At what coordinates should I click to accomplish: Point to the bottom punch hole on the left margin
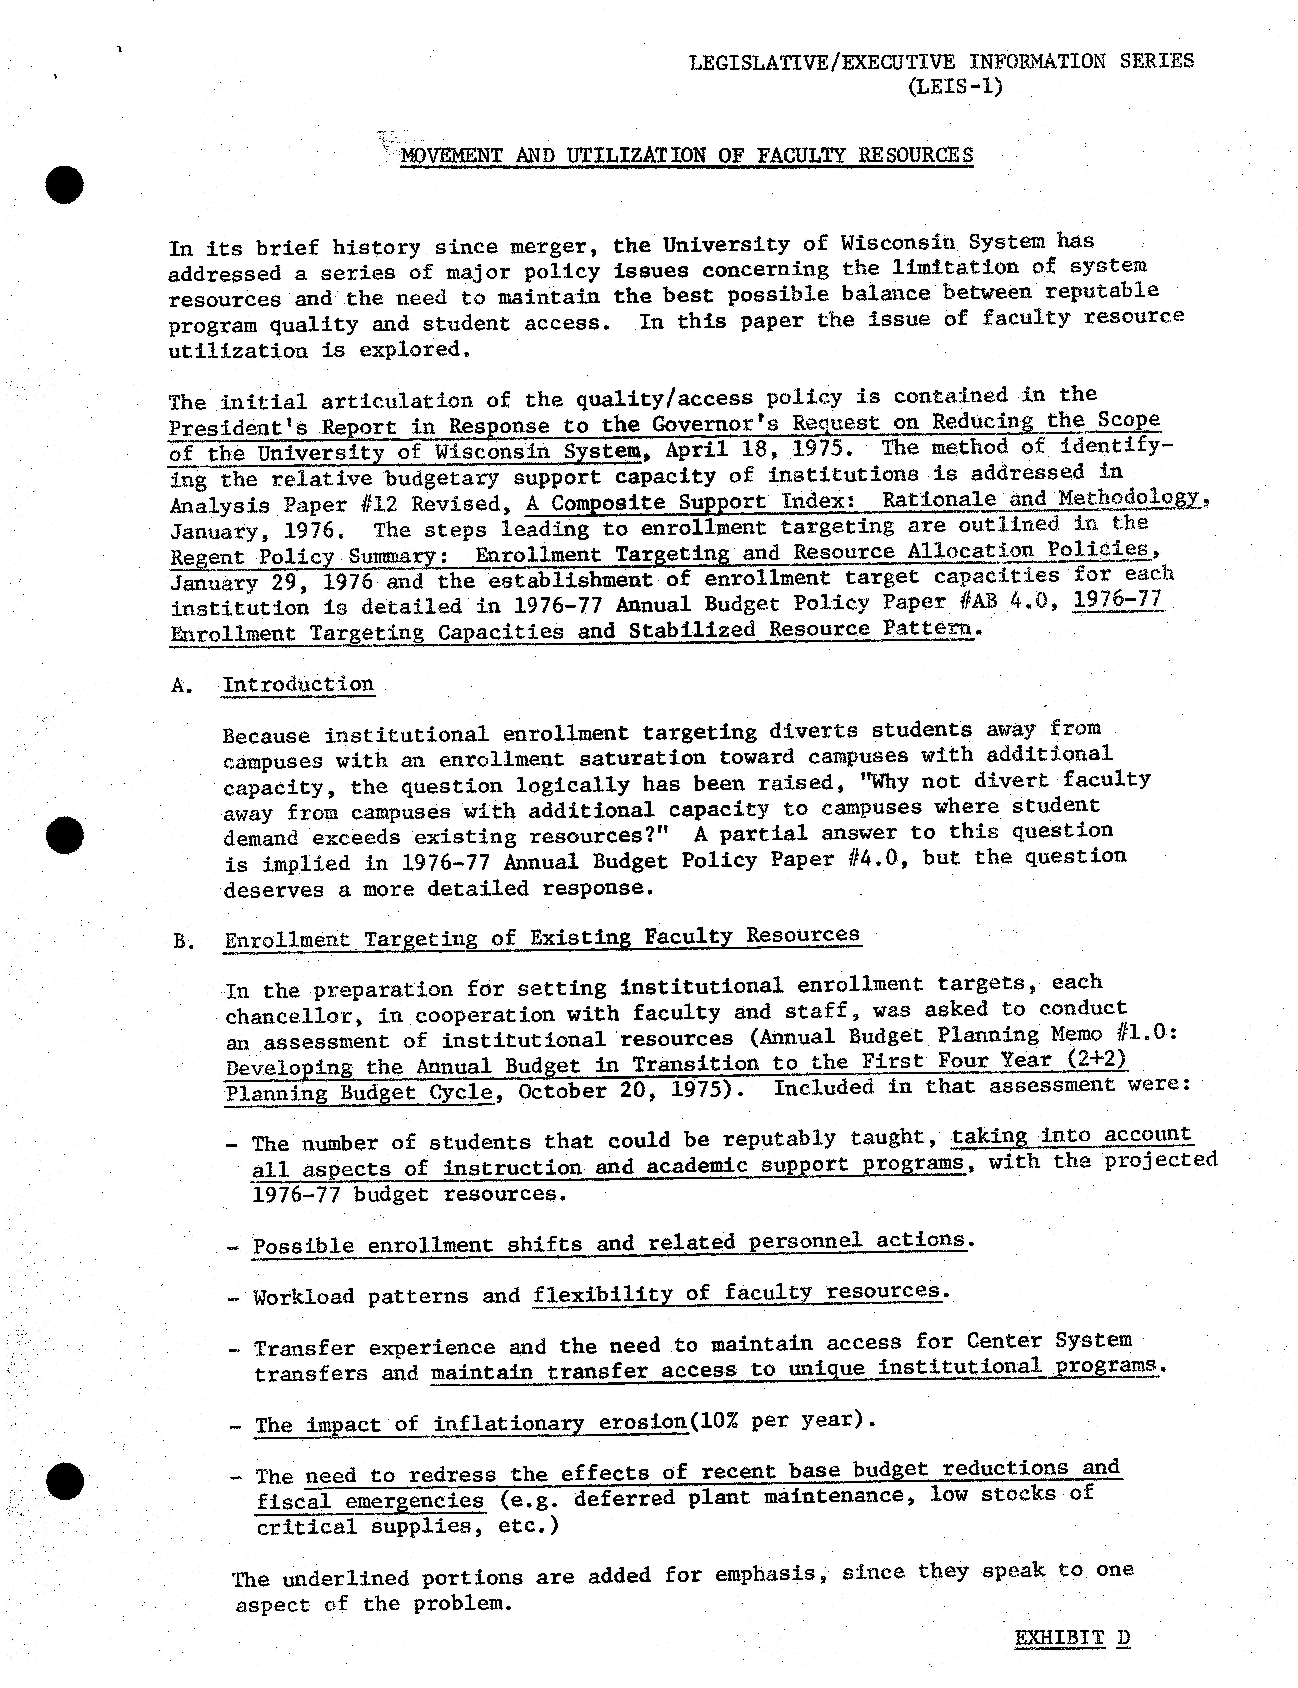[x=65, y=1481]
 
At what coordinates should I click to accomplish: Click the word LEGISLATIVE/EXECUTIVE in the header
[x=821, y=62]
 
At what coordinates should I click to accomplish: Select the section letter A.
[x=181, y=686]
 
